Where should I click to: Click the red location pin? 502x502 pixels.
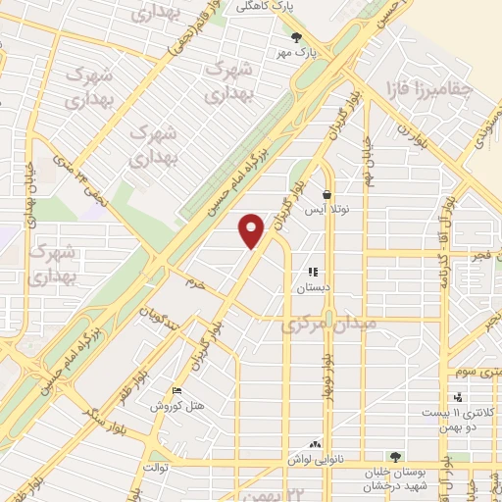(253, 229)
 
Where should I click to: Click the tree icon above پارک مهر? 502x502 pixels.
(297, 36)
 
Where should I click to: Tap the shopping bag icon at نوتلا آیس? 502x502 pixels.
(326, 194)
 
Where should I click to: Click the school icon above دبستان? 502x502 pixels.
(313, 273)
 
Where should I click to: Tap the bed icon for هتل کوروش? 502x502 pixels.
(176, 389)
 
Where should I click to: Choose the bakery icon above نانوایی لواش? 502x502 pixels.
(316, 444)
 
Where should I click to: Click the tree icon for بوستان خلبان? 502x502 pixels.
(395, 457)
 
